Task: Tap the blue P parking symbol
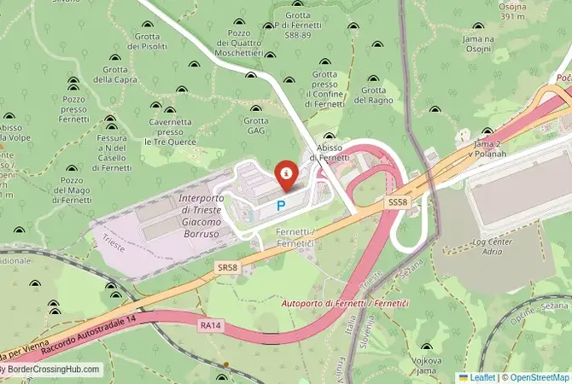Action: point(281,206)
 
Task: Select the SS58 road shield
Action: point(398,202)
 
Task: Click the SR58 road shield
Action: point(227,267)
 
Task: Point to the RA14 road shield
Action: point(210,324)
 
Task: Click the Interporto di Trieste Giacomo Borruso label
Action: point(207,215)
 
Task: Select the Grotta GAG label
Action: point(255,126)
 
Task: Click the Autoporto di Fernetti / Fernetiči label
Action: point(336,303)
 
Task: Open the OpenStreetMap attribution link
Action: point(536,376)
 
